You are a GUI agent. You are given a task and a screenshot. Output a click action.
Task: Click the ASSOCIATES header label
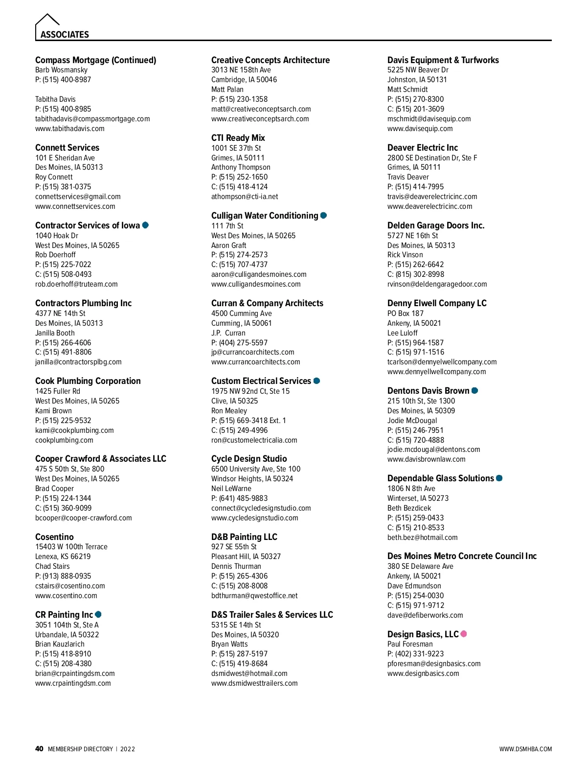pyautogui.click(x=65, y=35)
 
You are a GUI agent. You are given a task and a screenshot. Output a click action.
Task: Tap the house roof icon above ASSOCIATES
pyautogui.click(x=47, y=20)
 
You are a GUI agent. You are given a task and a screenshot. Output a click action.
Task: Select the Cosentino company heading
pyautogui.click(x=54, y=537)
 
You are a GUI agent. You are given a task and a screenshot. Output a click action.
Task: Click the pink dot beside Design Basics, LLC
pyautogui.click(x=464, y=634)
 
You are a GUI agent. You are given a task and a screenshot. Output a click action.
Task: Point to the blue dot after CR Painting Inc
pyautogui.click(x=98, y=614)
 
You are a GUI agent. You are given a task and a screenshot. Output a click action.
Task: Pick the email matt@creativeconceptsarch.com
pyautogui.click(x=261, y=109)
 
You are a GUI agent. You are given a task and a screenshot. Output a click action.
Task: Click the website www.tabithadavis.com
pyautogui.click(x=69, y=129)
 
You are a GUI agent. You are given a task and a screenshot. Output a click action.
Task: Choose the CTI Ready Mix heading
pyautogui.click(x=238, y=138)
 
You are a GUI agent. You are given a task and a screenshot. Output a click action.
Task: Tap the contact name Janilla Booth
pyautogui.click(x=55, y=333)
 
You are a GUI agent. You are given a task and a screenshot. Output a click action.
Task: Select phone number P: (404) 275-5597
pyautogui.click(x=239, y=343)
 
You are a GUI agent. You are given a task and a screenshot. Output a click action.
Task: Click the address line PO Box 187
pyautogui.click(x=405, y=314)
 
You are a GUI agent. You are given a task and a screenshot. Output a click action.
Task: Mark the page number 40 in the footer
pyautogui.click(x=39, y=749)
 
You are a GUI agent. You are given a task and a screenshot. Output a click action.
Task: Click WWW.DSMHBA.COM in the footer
pyautogui.click(x=525, y=749)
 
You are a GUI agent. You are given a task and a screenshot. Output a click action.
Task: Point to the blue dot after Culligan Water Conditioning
pyautogui.click(x=323, y=215)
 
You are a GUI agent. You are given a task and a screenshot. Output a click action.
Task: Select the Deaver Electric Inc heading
pyautogui.click(x=423, y=148)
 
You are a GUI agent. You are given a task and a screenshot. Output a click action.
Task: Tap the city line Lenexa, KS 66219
pyautogui.click(x=63, y=557)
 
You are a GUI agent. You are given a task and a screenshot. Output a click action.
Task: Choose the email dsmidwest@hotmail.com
pyautogui.click(x=249, y=673)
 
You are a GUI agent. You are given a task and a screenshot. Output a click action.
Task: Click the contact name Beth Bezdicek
pyautogui.click(x=409, y=508)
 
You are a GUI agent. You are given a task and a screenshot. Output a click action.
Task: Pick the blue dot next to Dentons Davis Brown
pyautogui.click(x=474, y=390)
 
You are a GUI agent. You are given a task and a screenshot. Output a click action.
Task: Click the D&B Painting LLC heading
pyautogui.click(x=244, y=537)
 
